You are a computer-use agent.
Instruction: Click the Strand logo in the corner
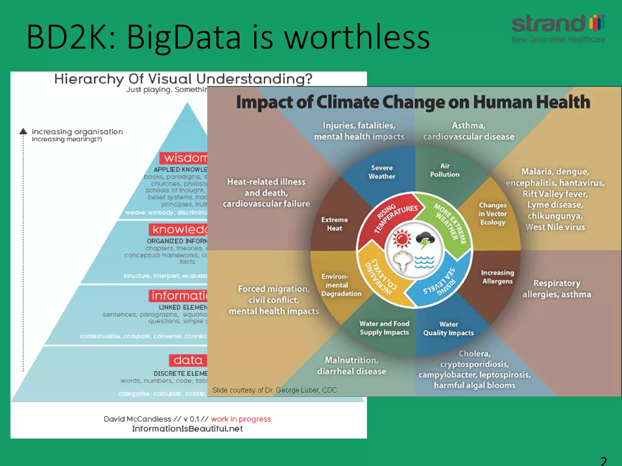[x=558, y=28]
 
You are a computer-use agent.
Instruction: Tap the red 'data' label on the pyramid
[x=188, y=360]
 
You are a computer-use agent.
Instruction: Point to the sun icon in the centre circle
[x=402, y=238]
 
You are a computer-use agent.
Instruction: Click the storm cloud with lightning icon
[x=425, y=240]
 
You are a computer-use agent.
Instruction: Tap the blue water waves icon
[x=424, y=262]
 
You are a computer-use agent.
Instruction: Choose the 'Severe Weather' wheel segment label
[x=382, y=172]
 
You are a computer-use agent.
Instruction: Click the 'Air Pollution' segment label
[x=445, y=170]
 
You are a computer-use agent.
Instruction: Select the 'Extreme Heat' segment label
[x=334, y=224]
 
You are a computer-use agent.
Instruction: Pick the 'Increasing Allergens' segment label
[x=497, y=277]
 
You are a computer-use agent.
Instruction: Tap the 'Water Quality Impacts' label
[x=448, y=329]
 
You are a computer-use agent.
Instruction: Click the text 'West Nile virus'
[x=555, y=227]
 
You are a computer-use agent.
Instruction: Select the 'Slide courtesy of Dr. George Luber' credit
[x=275, y=390]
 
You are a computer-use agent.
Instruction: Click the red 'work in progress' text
[x=241, y=419]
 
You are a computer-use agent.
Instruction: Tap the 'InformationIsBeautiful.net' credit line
[x=187, y=429]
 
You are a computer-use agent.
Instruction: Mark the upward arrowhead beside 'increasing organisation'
[x=23, y=131]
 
